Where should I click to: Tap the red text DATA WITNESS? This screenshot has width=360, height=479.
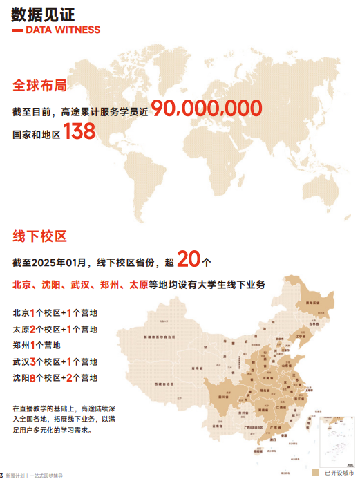[62, 30]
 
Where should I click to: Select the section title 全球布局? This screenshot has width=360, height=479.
[39, 86]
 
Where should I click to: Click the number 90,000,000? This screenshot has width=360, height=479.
[207, 109]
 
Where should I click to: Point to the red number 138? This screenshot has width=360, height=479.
[79, 133]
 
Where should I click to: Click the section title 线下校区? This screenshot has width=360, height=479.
[39, 236]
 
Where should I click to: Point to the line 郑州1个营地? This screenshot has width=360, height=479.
[37, 345]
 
